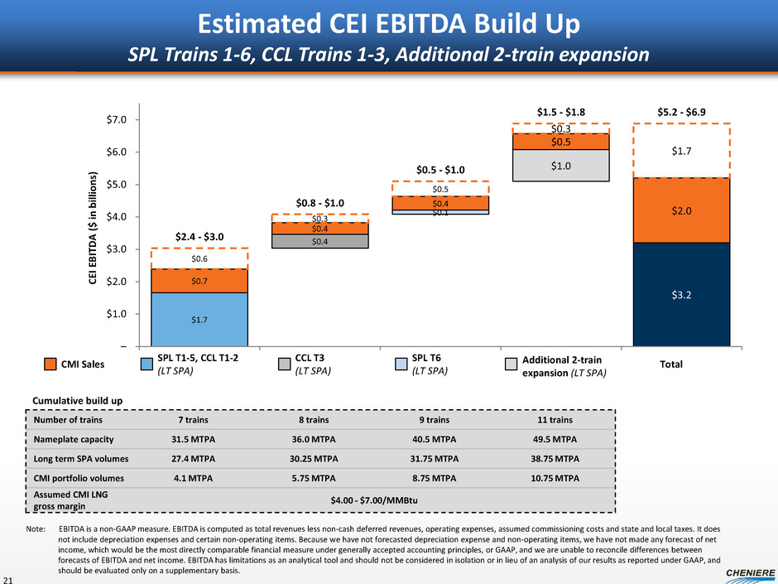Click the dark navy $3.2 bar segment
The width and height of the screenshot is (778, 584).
(681, 293)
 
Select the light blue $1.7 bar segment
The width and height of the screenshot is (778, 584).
(199, 319)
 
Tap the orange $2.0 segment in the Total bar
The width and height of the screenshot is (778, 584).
(681, 210)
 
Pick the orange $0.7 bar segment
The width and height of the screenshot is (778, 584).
(199, 281)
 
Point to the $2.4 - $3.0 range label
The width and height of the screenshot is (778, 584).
(199, 236)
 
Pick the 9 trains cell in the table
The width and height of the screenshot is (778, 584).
(430, 421)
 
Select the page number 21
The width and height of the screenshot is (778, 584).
(9, 577)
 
